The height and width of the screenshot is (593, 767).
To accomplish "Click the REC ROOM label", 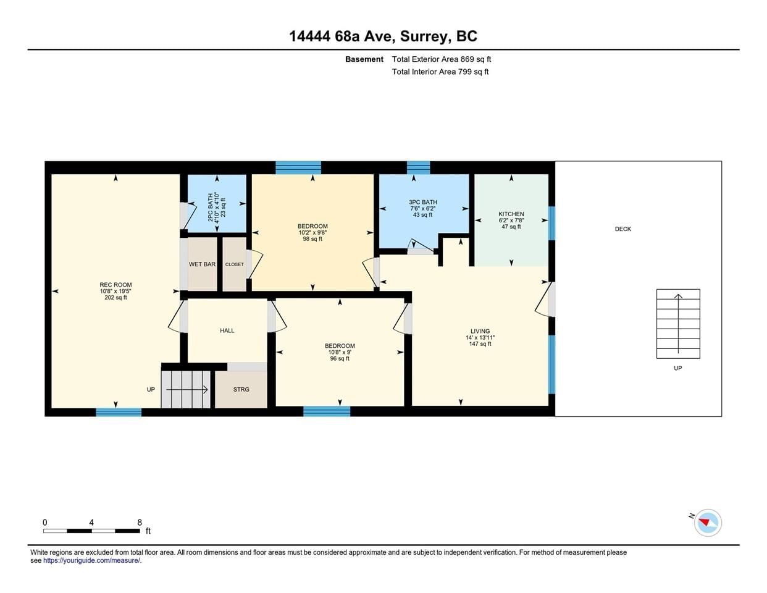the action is point(115,285).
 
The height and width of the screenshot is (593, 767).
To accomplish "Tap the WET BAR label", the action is point(203,264).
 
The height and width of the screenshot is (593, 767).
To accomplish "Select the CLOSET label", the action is point(235,264).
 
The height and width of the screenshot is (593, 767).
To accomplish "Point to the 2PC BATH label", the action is point(211,207).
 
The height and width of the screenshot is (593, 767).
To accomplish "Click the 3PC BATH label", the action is point(423,202).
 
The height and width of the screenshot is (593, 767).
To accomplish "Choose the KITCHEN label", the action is point(511,214).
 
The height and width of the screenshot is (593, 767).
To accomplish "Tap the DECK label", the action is point(623,229).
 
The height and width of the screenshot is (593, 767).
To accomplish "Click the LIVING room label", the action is point(480,331).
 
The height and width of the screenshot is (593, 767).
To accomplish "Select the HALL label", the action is point(227,330).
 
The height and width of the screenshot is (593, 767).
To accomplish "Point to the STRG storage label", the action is point(241,389).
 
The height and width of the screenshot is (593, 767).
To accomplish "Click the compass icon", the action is point(708,523).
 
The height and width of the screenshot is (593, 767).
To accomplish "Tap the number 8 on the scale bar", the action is point(140,523).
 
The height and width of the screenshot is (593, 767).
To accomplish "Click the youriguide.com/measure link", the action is point(92,560).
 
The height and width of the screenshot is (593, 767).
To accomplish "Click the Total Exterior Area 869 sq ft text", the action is point(441,59).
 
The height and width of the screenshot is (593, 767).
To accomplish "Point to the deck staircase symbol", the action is point(678,324).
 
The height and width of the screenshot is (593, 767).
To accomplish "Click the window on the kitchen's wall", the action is point(551,223).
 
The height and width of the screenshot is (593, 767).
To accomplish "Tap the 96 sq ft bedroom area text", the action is point(340,358).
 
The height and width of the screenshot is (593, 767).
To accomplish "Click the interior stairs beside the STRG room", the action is point(186,389).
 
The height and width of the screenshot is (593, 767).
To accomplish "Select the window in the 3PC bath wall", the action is point(418,167).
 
